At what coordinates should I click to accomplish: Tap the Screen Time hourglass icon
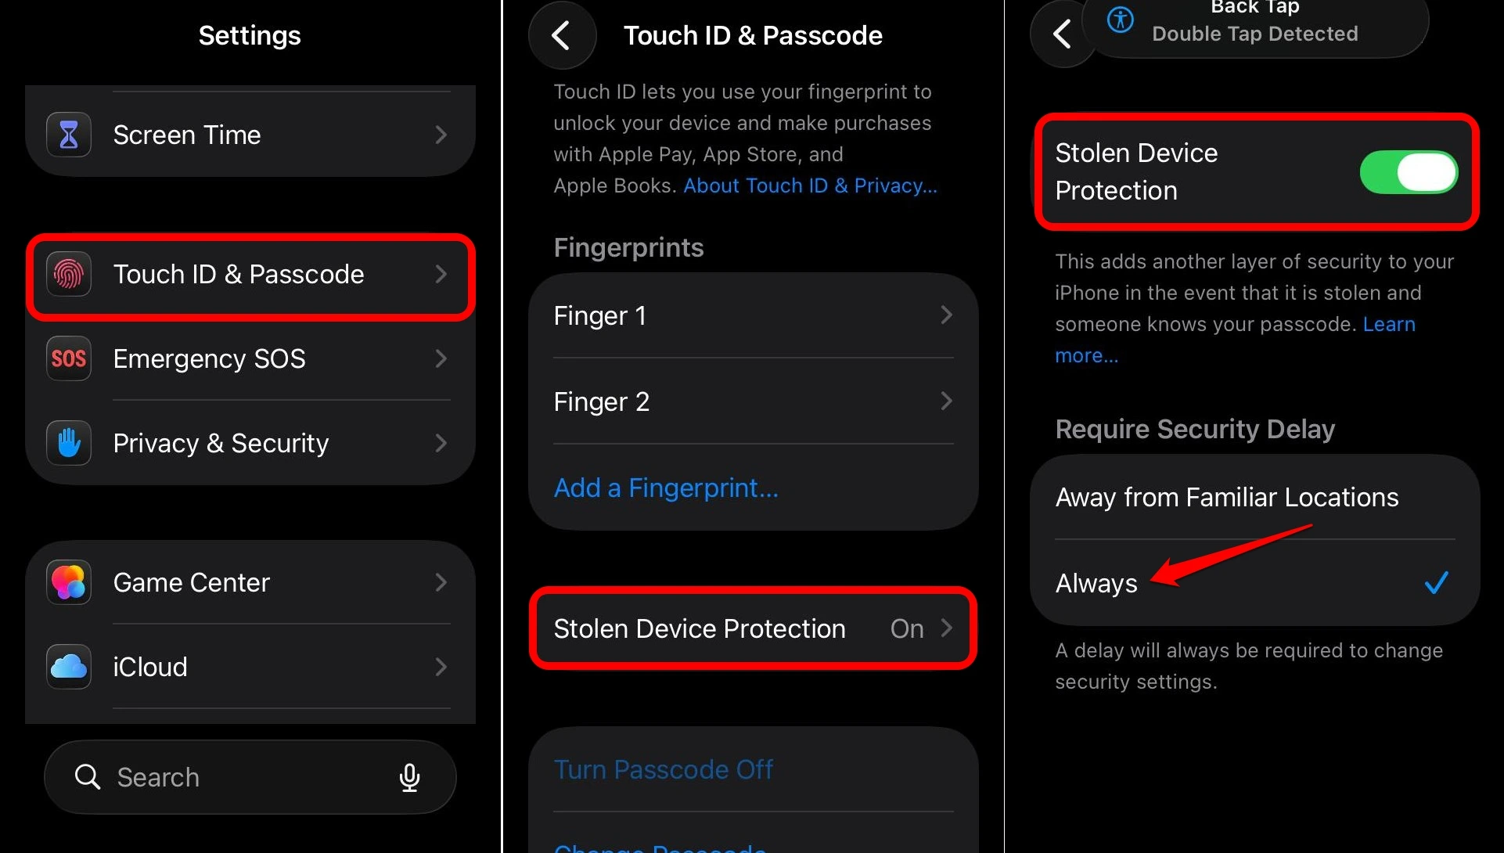[x=69, y=135]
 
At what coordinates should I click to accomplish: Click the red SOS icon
[x=69, y=358]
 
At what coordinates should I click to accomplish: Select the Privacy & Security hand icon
[x=69, y=443]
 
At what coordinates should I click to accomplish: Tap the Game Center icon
[x=69, y=582]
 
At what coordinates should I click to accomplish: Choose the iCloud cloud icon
[x=69, y=667]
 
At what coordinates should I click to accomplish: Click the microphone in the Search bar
[x=409, y=777]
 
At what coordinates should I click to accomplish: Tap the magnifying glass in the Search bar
[x=87, y=777]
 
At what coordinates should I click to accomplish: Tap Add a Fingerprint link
[x=666, y=488]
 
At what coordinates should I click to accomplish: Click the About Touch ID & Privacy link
[x=810, y=185]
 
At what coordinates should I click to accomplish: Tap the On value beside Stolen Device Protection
[x=907, y=628]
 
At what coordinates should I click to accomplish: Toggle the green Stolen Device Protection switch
[x=1408, y=172]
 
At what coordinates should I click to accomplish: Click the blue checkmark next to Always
[x=1436, y=583]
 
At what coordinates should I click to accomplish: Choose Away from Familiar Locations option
[x=1226, y=497]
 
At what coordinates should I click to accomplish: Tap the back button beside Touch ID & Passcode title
[x=561, y=35]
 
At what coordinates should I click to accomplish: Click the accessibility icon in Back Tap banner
[x=1120, y=20]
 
